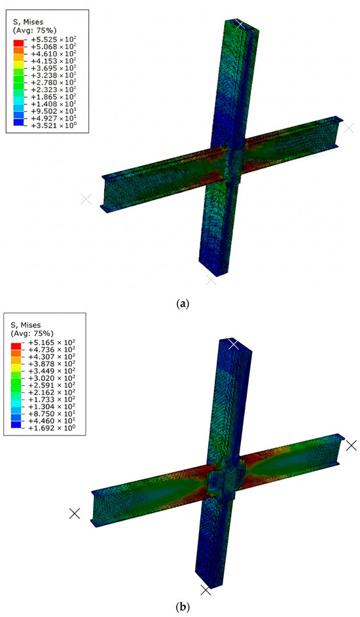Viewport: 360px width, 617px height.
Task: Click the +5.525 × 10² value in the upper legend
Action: pyautogui.click(x=53, y=39)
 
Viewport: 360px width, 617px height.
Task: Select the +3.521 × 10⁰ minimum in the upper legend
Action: pyautogui.click(x=53, y=126)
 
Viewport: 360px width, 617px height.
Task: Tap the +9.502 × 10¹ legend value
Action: pyautogui.click(x=53, y=111)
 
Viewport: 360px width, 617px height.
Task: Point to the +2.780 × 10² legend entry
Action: pyautogui.click(x=53, y=83)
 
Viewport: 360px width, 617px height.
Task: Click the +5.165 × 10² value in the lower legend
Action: pyautogui.click(x=52, y=343)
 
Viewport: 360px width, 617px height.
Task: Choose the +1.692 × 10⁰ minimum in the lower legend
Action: pyautogui.click(x=52, y=428)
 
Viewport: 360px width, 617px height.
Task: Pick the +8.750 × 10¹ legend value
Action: pyautogui.click(x=52, y=413)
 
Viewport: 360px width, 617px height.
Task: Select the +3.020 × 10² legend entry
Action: pyautogui.click(x=52, y=378)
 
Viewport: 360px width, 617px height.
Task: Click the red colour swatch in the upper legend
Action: pyautogui.click(x=18, y=43)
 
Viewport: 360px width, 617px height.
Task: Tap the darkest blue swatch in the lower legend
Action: pyautogui.click(x=16, y=424)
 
